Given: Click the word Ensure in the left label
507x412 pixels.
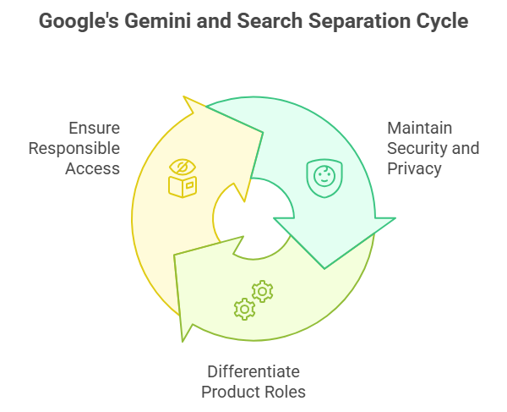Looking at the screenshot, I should [x=94, y=129].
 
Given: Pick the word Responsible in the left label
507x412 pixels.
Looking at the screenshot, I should [x=74, y=148].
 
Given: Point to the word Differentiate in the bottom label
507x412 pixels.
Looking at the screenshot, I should [x=253, y=371].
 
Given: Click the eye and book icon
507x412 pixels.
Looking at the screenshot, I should [x=182, y=178].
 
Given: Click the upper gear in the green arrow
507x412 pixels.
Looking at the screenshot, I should [x=263, y=291].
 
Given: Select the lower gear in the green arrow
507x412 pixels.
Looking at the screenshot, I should [x=244, y=309].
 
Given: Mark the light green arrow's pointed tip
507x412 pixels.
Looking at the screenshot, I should [x=183, y=340].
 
